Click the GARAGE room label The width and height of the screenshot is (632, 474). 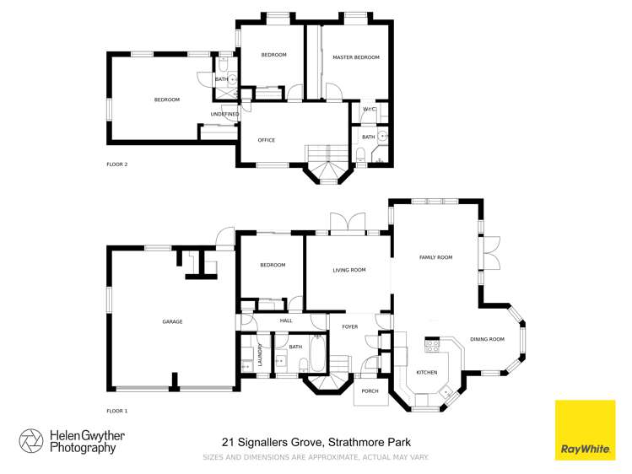172,321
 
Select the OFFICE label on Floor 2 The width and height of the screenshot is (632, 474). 266,140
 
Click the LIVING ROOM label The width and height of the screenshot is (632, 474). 348,270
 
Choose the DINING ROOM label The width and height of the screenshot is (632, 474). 487,339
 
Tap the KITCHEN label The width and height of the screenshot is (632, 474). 426,372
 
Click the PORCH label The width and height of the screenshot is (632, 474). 370,391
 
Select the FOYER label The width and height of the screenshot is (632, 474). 349,326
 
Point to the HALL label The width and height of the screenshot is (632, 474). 286,320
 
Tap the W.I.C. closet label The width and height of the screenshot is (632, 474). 369,110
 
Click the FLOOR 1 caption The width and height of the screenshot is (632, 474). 116,411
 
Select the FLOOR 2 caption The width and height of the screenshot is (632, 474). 116,164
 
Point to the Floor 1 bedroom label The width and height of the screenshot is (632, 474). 272,265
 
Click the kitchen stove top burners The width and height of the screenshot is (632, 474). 431,343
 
